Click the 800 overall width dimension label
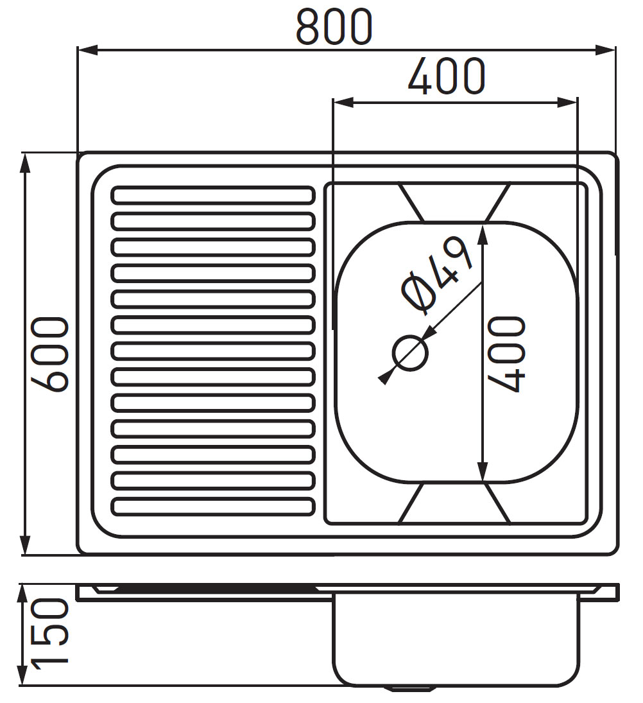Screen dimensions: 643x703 click(334, 27)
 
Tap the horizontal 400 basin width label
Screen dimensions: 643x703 click(446, 76)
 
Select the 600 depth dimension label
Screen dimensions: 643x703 click(50, 354)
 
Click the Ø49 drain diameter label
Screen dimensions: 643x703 click(437, 275)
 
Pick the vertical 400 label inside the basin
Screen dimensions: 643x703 click(506, 354)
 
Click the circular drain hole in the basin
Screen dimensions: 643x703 click(410, 353)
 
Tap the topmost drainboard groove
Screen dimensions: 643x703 click(213, 195)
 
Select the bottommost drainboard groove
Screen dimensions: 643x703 click(213, 507)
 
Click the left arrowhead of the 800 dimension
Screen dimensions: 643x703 click(87, 50)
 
